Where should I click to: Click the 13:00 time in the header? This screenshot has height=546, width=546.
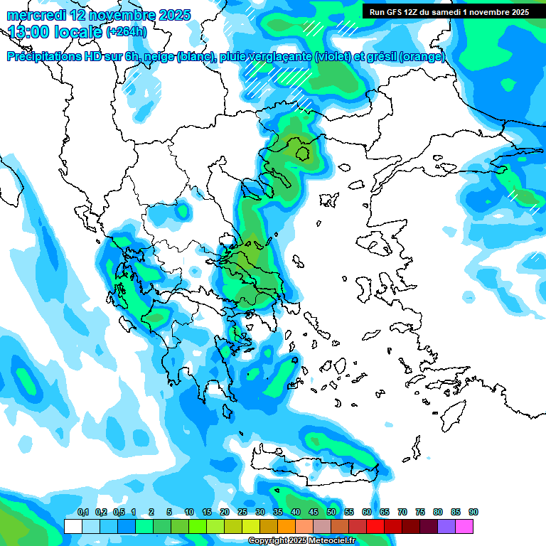coord(29,31)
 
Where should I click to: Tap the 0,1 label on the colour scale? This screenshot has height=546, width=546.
coord(82,512)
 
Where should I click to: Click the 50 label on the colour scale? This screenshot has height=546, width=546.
coord(331,512)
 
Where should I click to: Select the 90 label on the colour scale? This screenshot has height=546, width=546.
coord(473,512)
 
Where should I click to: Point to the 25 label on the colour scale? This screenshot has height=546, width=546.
coord(242,512)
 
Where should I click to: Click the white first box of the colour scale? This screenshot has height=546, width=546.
coord(73,526)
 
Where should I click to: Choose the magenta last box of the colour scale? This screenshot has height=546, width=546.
coord(464,526)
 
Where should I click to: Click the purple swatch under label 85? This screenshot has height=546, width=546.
coord(446,526)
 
